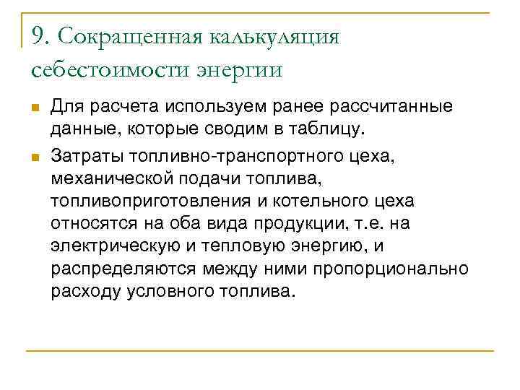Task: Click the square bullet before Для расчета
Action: [34, 108]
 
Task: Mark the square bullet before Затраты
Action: [34, 155]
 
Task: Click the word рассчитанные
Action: [391, 108]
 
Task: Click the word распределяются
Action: [117, 269]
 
